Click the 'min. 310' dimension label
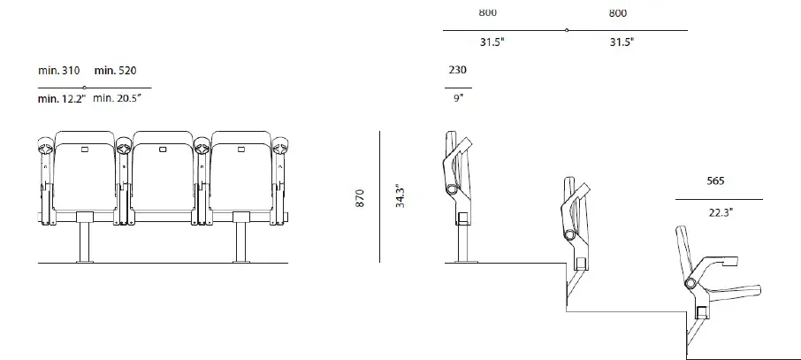[58, 70]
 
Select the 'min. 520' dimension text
[116, 70]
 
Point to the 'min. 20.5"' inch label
[117, 98]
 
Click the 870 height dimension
[360, 198]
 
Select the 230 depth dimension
[457, 70]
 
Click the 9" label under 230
[458, 98]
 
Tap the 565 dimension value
[715, 180]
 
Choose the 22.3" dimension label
[721, 212]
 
